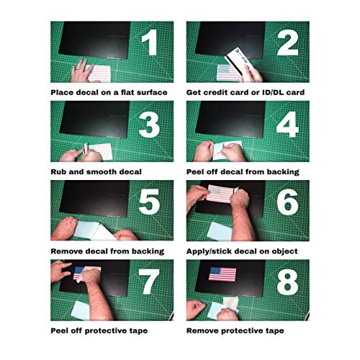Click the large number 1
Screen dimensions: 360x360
click(x=150, y=42)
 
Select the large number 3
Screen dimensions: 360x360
click(x=149, y=125)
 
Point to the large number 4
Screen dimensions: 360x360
click(x=287, y=125)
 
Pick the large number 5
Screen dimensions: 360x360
click(x=149, y=202)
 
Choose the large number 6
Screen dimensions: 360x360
click(x=287, y=202)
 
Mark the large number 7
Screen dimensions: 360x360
click(x=149, y=282)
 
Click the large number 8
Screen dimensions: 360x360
click(x=287, y=283)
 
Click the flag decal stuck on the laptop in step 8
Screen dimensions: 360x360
click(x=222, y=274)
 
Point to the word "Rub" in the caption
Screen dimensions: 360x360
click(x=58, y=172)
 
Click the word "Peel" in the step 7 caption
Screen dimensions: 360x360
click(x=59, y=330)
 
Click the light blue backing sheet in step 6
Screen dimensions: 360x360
click(x=220, y=231)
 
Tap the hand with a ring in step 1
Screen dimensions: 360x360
click(x=82, y=71)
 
